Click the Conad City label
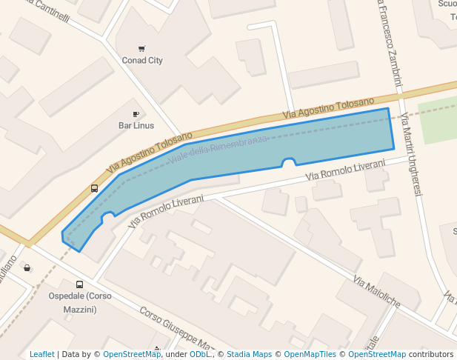142,61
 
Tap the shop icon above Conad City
141,49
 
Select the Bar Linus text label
136,125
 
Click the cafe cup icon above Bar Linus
136,114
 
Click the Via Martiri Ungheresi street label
410,154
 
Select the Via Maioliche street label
377,293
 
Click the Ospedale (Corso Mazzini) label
80,301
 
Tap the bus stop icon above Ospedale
79,284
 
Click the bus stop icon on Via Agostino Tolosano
94,188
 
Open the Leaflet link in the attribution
42,354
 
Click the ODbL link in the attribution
200,354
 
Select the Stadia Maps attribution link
249,354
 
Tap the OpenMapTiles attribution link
311,354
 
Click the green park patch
438,121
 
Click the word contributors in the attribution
431,354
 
